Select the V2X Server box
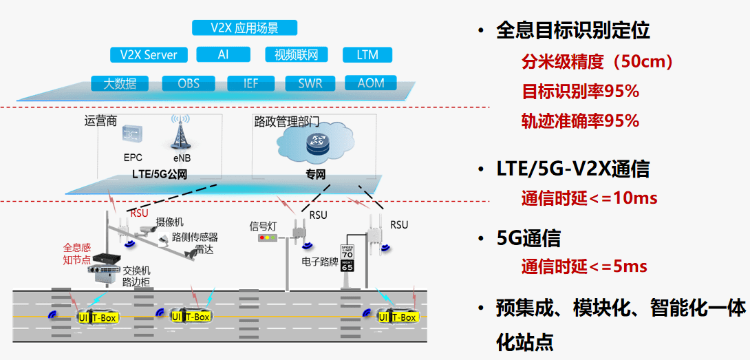(x=149, y=55)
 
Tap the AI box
(x=223, y=54)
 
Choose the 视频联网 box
(x=297, y=54)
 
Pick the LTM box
(x=367, y=54)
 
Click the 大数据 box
(x=120, y=83)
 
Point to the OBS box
(x=189, y=83)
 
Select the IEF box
(x=250, y=83)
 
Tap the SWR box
(x=310, y=83)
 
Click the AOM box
(x=372, y=83)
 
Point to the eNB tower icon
(x=181, y=132)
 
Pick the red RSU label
(x=140, y=213)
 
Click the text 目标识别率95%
(x=580, y=91)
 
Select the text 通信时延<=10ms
(x=589, y=198)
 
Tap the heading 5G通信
(x=528, y=238)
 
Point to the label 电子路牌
(x=319, y=262)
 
